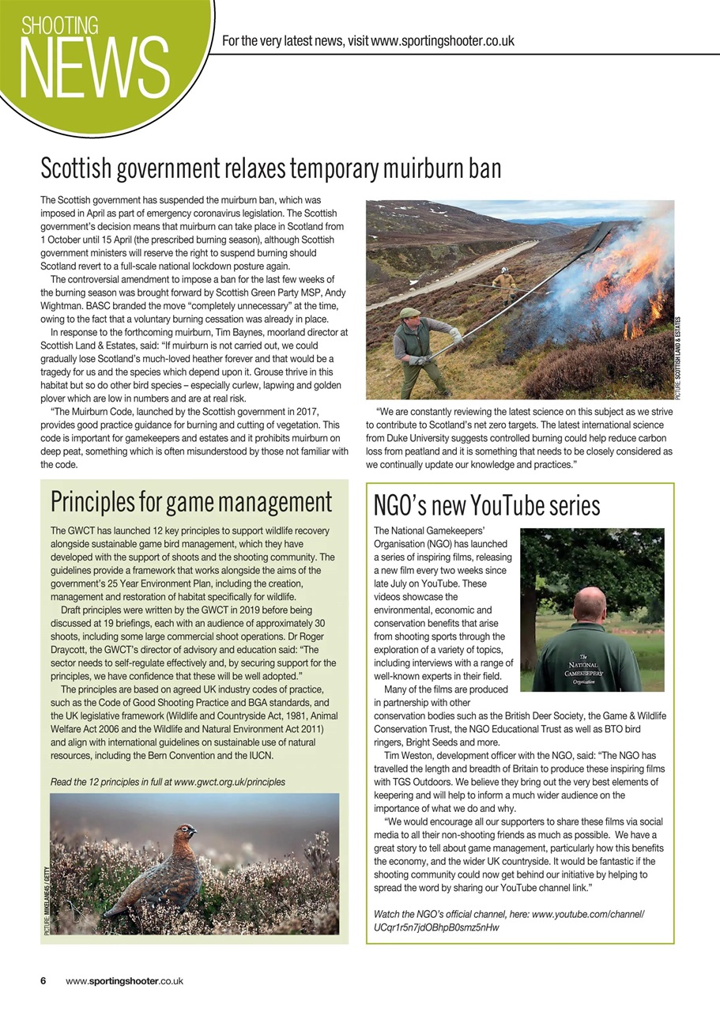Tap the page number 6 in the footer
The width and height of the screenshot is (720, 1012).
(43, 981)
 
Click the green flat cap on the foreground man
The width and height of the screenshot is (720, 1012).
(409, 314)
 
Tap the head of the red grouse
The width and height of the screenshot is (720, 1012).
(187, 833)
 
